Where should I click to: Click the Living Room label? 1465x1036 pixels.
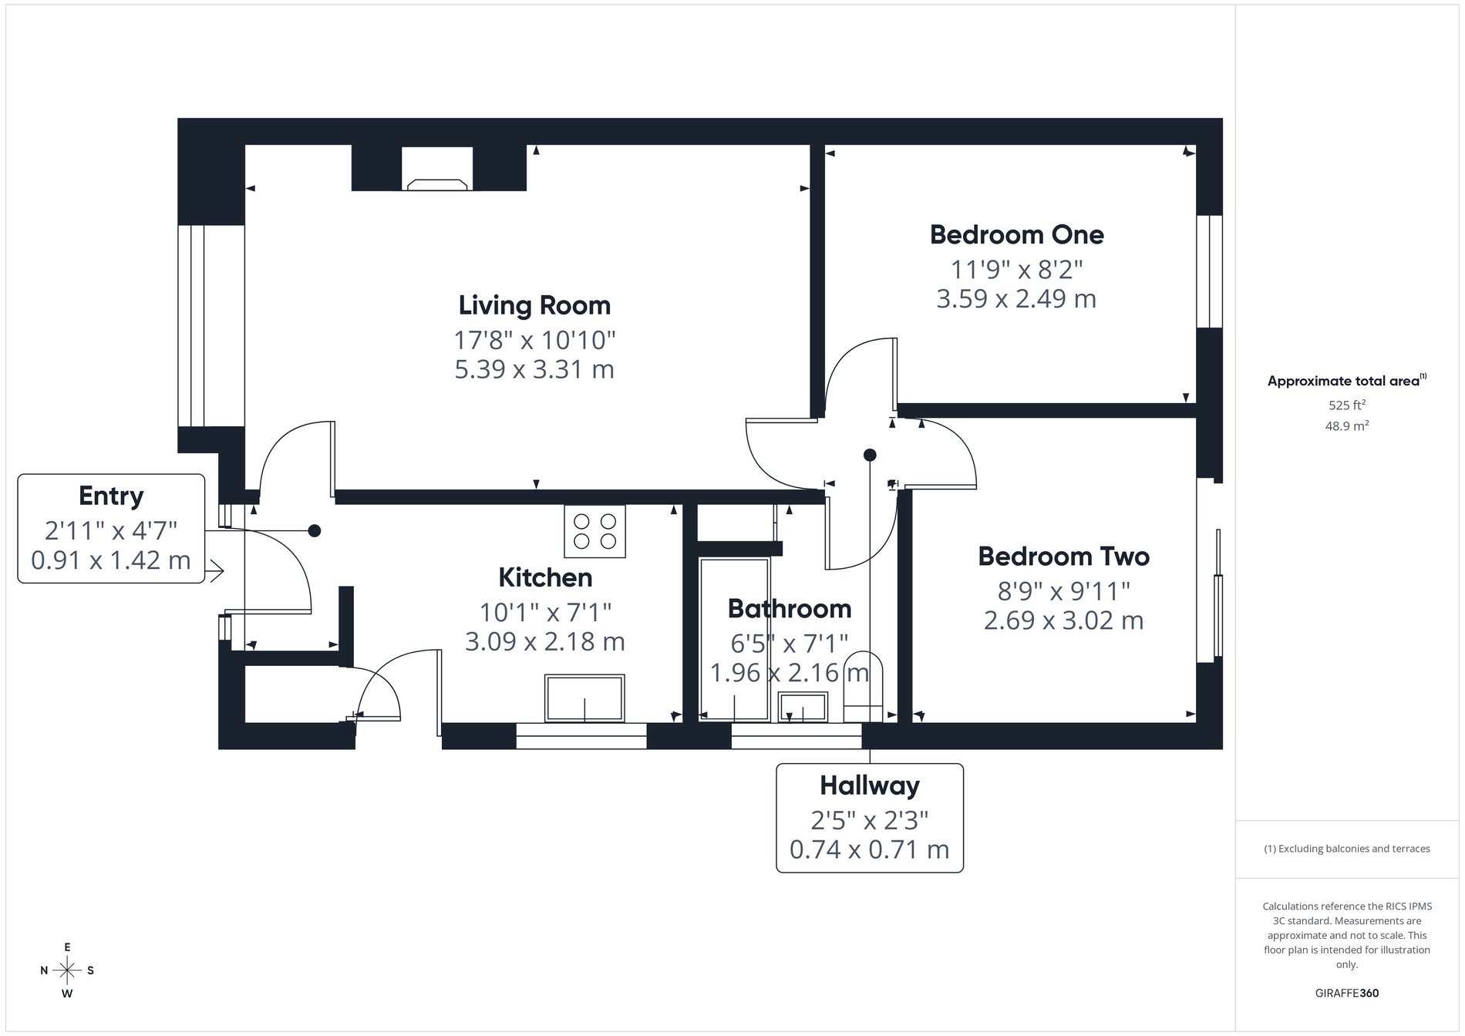[x=534, y=305]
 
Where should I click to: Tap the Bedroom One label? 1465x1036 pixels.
[x=1016, y=234]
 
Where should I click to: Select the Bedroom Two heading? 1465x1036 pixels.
[x=1063, y=556]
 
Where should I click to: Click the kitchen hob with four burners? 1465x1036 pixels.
[x=594, y=531]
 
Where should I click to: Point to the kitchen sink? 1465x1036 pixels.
[x=584, y=698]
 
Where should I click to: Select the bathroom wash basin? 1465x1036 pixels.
[x=803, y=705]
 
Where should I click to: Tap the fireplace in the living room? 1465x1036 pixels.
[x=437, y=183]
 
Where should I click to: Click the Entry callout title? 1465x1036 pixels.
[x=111, y=496]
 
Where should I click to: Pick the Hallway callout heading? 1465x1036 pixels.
[x=869, y=785]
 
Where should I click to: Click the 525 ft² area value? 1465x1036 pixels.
[x=1346, y=405]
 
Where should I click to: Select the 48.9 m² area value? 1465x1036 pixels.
[x=1346, y=425]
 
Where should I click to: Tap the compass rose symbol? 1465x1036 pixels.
[x=68, y=970]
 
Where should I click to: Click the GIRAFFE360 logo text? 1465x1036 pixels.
[x=1346, y=993]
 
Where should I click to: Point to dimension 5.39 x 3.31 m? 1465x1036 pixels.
[x=534, y=369]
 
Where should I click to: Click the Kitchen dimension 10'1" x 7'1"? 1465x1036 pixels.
[x=545, y=612]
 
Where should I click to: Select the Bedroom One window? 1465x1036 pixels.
[x=1208, y=271]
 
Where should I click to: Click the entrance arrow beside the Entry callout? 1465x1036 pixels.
[x=215, y=571]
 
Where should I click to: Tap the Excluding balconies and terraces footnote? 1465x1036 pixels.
[x=1346, y=849]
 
